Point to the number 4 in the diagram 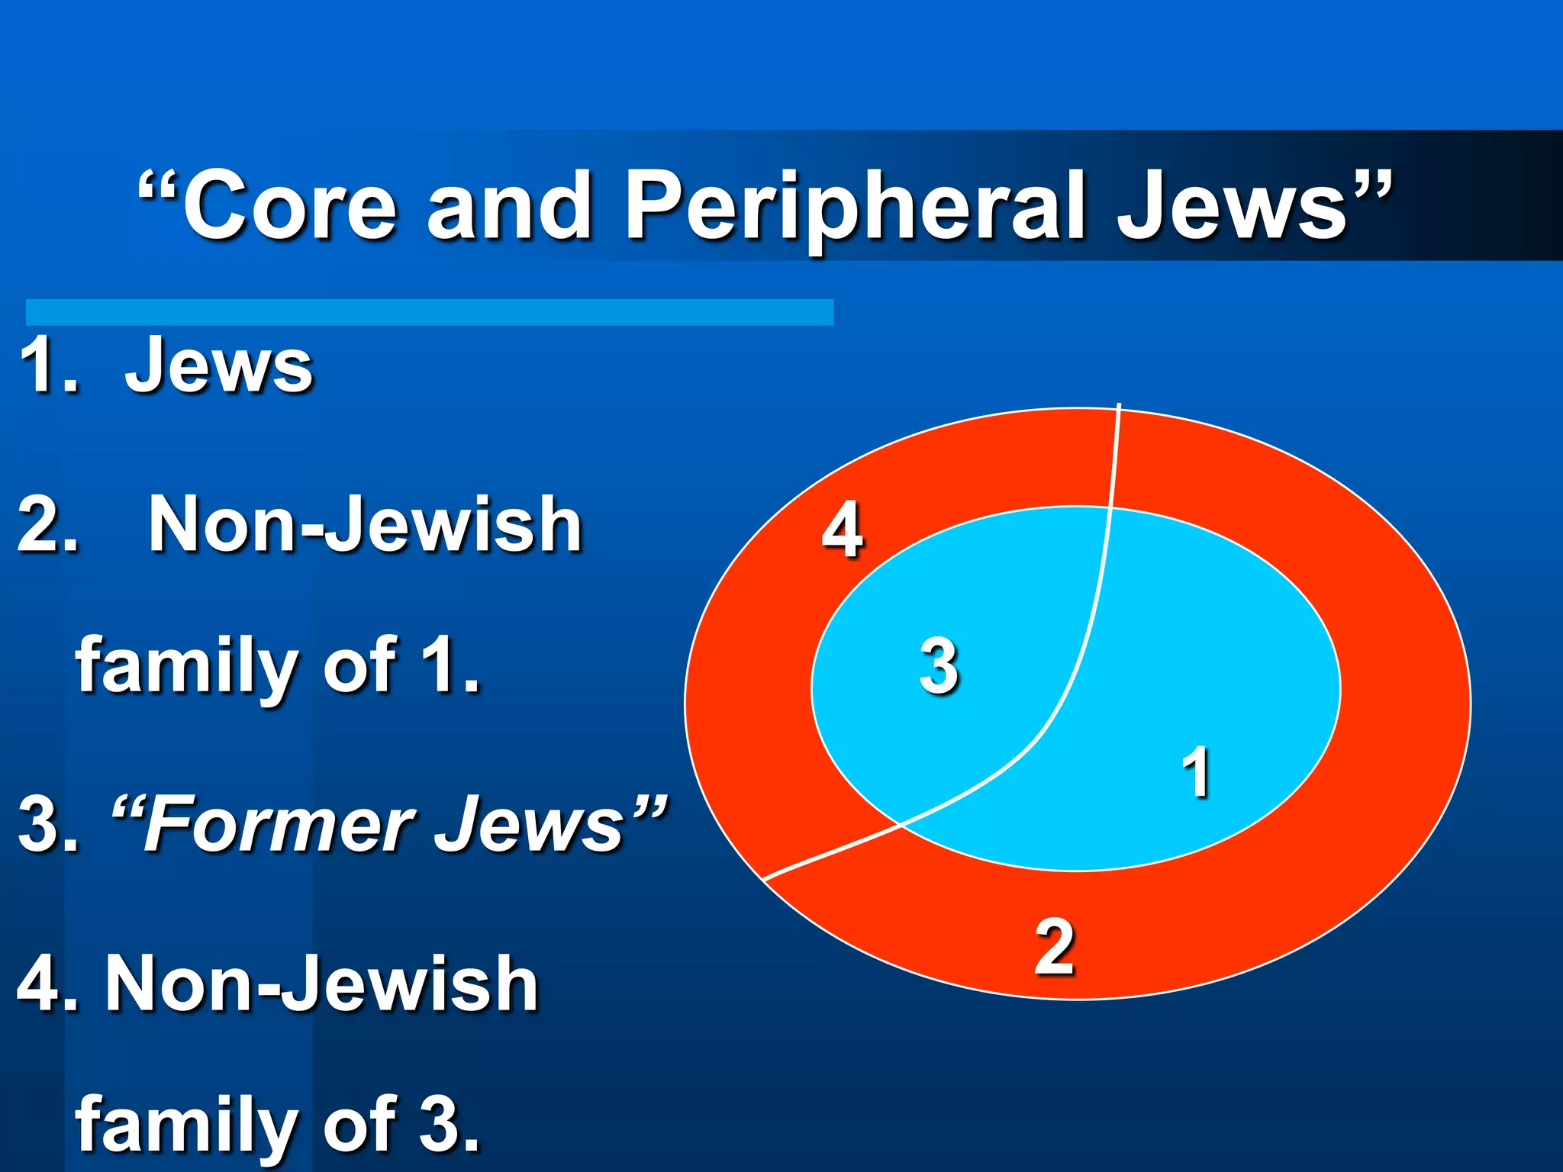(843, 530)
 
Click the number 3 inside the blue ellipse (939, 665)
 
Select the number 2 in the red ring (1055, 948)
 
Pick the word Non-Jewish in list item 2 (365, 525)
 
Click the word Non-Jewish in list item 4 (321, 984)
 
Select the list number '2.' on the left (47, 525)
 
